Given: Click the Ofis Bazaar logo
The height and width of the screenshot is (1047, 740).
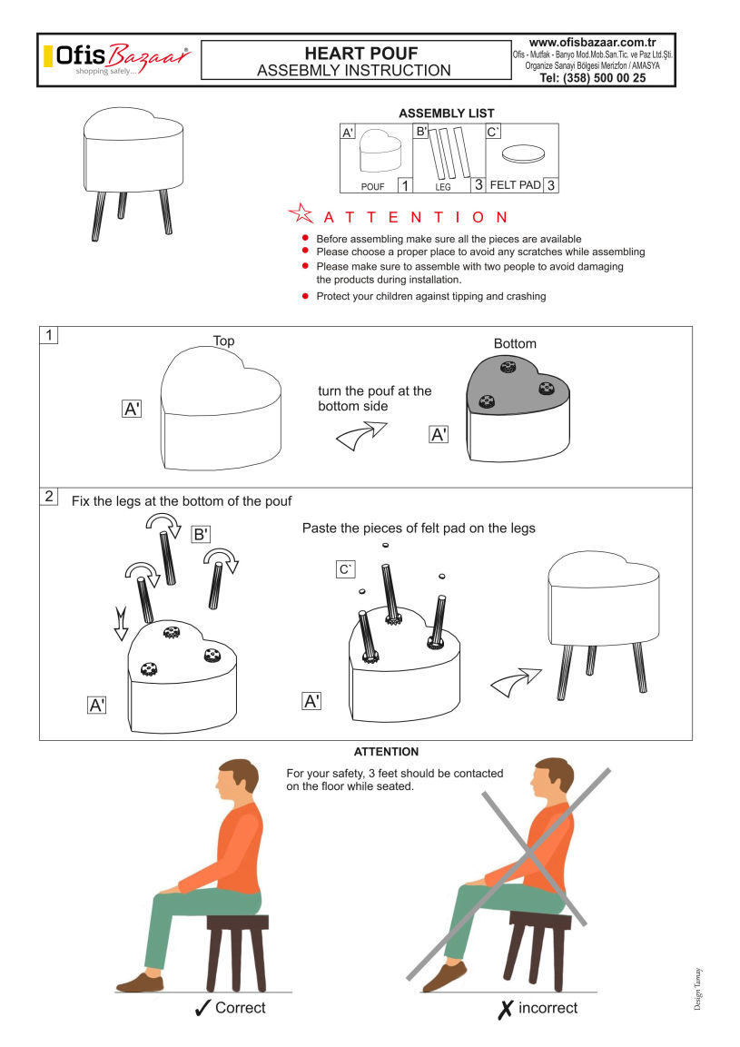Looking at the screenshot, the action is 117,59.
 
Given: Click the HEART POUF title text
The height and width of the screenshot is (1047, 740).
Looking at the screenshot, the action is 361,54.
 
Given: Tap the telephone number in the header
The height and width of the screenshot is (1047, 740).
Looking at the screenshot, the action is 592,78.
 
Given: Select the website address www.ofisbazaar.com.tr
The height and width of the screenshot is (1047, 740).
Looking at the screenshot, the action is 592,43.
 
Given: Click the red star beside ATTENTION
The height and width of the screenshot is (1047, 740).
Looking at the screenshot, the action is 301,213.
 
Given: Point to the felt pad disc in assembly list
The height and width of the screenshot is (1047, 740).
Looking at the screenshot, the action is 523,154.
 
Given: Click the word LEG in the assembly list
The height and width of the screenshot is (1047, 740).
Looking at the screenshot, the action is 443,187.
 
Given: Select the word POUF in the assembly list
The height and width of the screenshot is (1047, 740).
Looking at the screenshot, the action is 372,187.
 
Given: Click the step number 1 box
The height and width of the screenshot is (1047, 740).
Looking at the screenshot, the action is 49,334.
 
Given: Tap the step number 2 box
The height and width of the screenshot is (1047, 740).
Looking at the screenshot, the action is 49,496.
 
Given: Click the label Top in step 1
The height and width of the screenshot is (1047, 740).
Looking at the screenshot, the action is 223,341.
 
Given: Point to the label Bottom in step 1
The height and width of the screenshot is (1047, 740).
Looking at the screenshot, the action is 515,343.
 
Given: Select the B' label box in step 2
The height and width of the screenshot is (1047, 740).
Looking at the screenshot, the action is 201,534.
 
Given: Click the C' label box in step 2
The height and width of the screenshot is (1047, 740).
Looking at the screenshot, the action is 345,569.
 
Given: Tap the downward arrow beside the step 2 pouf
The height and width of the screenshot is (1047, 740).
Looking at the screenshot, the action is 121,624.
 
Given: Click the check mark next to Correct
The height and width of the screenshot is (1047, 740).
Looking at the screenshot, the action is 203,1008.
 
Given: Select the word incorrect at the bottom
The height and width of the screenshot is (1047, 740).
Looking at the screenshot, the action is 548,1008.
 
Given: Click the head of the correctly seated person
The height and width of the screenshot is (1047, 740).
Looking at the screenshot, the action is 238,781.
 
